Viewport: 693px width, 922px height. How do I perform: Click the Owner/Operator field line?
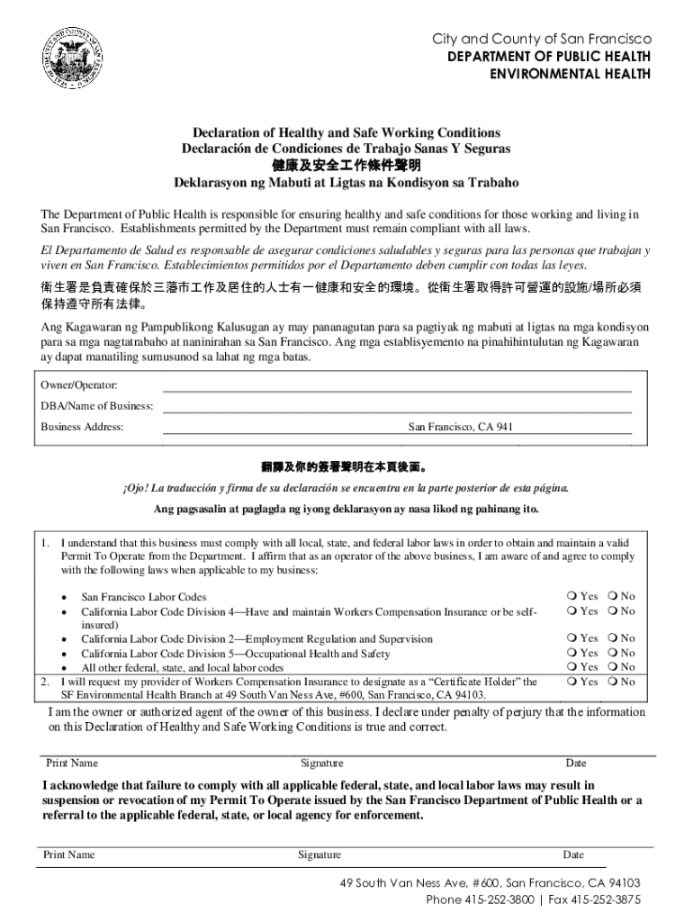coord(396,392)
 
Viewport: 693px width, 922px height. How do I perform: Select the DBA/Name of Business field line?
coord(396,411)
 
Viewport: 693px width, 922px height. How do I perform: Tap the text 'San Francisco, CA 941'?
coord(461,427)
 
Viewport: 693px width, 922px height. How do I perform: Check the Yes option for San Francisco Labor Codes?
coord(573,596)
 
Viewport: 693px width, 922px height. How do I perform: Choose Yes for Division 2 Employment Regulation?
coord(573,638)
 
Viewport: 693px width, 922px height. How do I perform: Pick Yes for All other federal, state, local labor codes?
coord(573,667)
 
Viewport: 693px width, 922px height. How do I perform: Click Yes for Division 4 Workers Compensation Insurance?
coord(573,610)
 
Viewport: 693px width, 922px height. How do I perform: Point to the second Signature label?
coord(319,854)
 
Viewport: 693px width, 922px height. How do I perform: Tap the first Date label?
coord(575,764)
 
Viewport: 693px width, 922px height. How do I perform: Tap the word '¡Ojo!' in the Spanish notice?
coord(138,488)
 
